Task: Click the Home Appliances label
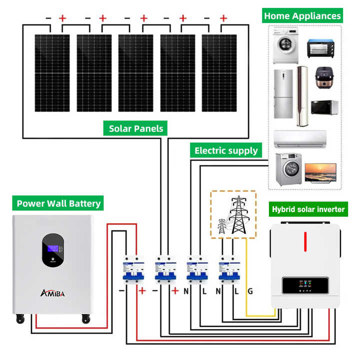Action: (302, 15)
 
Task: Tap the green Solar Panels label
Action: (136, 128)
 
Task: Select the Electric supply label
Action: (226, 150)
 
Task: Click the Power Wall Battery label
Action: (58, 203)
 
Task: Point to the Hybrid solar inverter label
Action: (308, 209)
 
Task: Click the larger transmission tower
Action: (239, 215)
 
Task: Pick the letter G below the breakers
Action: (250, 290)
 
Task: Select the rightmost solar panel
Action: (219, 73)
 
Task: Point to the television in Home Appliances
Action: (320, 172)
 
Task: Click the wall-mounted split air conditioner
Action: (300, 138)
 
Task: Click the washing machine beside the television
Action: (286, 169)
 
